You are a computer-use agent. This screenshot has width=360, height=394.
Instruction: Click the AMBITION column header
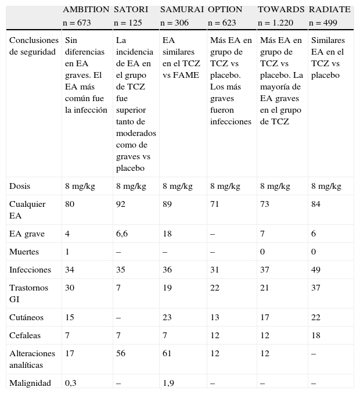86,10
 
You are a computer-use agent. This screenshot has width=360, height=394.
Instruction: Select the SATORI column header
131,10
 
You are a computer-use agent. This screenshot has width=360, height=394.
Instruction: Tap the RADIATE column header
329,10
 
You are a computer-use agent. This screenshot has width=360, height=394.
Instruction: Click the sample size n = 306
175,23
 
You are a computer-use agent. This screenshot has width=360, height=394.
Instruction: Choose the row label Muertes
25,252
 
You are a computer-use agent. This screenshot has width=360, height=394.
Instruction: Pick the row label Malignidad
30,383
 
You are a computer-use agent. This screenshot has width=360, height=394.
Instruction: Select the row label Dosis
20,187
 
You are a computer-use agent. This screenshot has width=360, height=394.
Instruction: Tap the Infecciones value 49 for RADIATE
316,270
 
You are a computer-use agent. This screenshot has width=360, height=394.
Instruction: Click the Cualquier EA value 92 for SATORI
121,204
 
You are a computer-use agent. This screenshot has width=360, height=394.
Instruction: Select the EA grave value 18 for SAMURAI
167,234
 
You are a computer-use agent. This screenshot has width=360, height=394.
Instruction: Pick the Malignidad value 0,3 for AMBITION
71,383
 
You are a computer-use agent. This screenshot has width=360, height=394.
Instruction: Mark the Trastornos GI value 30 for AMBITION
70,287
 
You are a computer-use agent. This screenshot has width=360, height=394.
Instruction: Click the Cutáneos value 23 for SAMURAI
167,317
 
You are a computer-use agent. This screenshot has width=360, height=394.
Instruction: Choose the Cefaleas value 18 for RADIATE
316,335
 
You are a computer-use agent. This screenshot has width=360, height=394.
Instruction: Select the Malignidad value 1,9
169,383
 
